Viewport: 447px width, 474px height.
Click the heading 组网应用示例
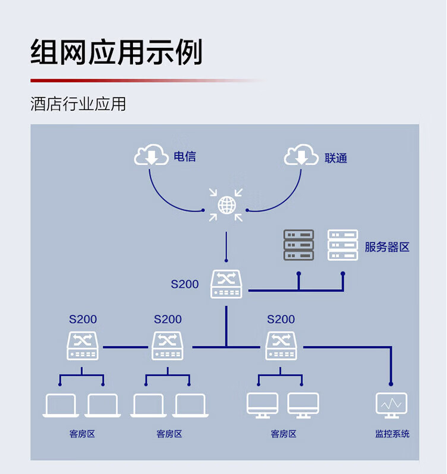tap(117, 52)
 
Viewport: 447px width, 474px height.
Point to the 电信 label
tap(185, 157)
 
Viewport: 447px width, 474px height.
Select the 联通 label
tap(336, 159)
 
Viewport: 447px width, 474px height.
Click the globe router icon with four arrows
tap(226, 205)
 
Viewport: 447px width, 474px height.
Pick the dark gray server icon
tap(299, 245)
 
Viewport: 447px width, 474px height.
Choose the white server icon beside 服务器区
tap(343, 245)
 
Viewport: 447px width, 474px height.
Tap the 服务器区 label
tap(387, 247)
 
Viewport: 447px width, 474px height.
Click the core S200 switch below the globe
tap(226, 284)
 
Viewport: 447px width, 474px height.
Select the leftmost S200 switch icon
tap(83, 346)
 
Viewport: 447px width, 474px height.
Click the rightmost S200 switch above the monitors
tap(281, 346)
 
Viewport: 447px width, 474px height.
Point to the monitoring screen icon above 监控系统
tap(392, 405)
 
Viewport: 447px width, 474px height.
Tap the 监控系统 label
tap(392, 434)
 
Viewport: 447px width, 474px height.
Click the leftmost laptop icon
tap(61, 406)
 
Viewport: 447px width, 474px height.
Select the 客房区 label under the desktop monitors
tap(284, 434)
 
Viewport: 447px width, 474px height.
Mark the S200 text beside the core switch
tap(185, 284)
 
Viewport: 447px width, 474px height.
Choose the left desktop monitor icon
tap(262, 405)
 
